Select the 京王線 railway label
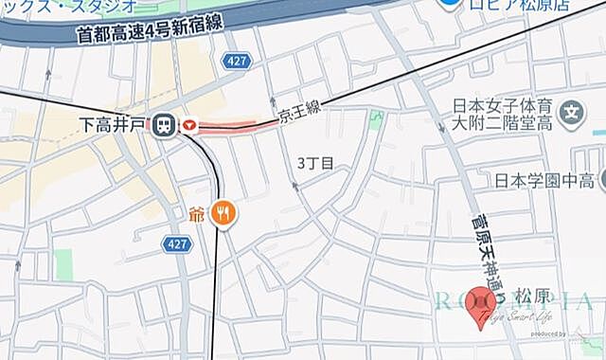point(300,114)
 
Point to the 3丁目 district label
point(315,163)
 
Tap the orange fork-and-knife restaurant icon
point(225,212)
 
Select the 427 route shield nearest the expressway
point(237,62)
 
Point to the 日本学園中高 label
point(544,180)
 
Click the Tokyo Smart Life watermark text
point(517,317)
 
